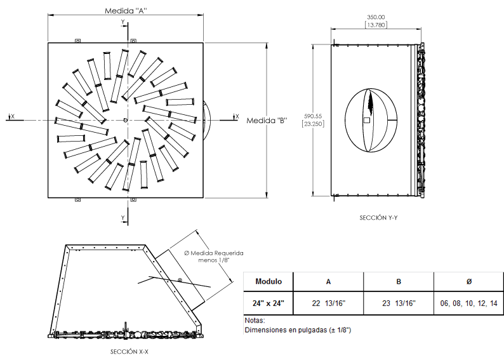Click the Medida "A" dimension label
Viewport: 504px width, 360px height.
[x=127, y=11]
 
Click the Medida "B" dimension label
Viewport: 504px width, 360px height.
[x=267, y=121]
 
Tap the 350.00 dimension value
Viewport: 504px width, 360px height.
[x=376, y=17]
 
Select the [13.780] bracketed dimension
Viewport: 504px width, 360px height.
[x=376, y=25]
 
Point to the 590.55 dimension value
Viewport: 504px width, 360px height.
[x=313, y=116]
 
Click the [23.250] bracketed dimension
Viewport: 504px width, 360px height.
[x=313, y=124]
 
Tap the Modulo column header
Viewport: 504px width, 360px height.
[x=269, y=281]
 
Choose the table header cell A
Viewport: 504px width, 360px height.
[x=328, y=281]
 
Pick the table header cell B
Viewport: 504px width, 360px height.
[x=398, y=281]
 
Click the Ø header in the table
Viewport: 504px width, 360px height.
[x=468, y=281]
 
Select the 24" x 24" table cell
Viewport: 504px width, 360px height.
[x=269, y=303]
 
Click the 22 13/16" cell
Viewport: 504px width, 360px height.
[x=328, y=303]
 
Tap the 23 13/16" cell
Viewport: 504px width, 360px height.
[x=398, y=303]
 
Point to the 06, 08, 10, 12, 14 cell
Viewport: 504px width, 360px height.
[x=468, y=303]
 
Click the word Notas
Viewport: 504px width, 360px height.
[x=255, y=321]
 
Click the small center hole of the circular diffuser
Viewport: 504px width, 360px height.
[x=126, y=120]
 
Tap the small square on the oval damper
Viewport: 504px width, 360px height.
[x=366, y=120]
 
